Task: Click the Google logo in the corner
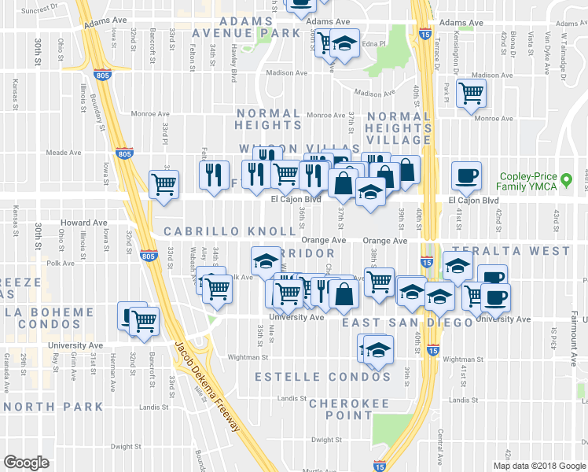pos(27,463)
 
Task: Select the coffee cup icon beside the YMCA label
pos(466,176)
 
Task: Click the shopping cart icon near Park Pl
pos(471,93)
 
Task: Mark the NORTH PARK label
pos(53,407)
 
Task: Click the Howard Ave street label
pos(90,223)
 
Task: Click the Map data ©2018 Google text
pos(539,465)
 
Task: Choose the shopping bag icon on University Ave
pos(344,294)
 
